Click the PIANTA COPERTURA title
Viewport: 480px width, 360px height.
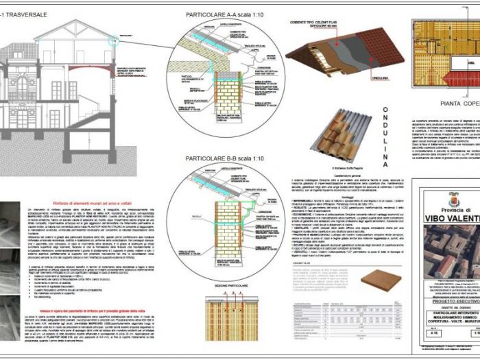tap(450, 104)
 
